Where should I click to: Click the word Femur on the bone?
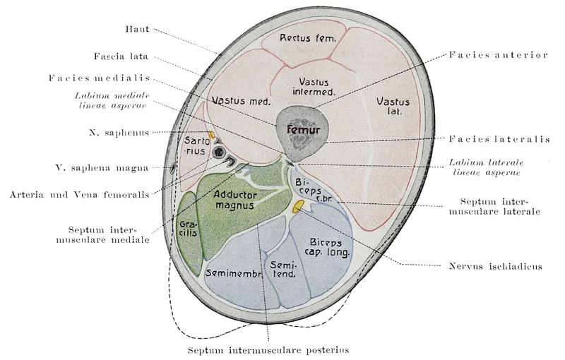pyautogui.click(x=303, y=130)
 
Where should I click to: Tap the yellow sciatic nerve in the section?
pyautogui.click(x=299, y=205)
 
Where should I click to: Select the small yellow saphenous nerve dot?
pyautogui.click(x=211, y=133)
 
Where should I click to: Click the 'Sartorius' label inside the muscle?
pyautogui.click(x=194, y=144)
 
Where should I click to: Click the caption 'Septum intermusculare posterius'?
pyautogui.click(x=268, y=349)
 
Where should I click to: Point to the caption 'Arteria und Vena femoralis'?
pyautogui.click(x=83, y=193)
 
